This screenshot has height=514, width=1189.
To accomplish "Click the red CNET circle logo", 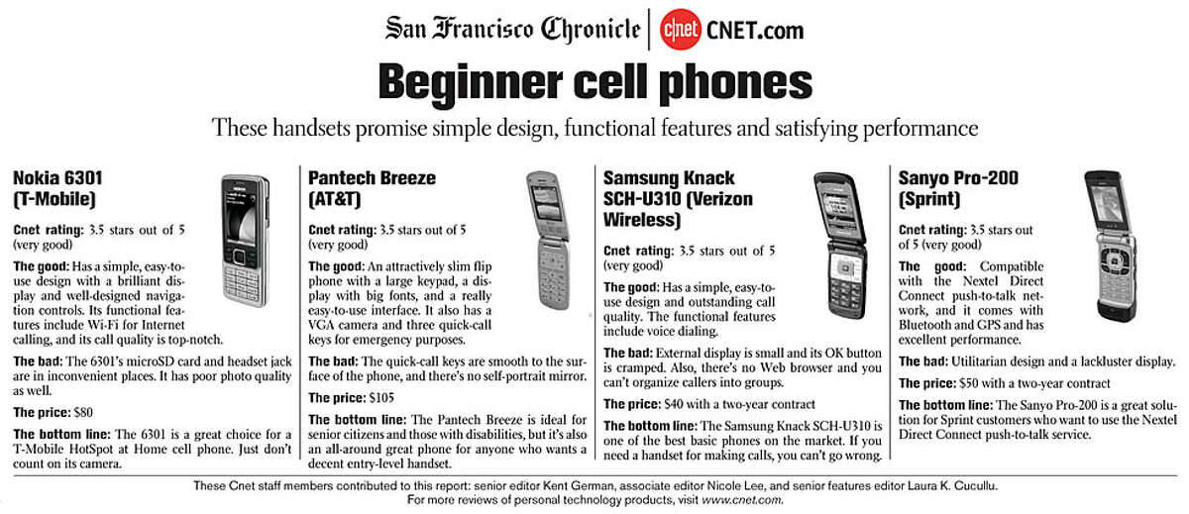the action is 680,29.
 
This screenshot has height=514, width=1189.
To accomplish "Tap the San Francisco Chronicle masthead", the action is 513,29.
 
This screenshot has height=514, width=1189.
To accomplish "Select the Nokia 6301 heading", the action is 57,188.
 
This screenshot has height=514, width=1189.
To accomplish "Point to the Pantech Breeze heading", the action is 372,188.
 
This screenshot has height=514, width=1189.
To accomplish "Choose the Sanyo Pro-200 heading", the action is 958,188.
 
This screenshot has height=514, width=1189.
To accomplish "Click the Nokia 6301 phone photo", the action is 246,241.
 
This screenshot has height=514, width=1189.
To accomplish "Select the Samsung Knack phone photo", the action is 841,245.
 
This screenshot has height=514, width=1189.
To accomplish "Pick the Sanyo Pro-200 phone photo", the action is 1111,247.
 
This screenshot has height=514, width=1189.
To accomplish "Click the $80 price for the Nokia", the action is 83,413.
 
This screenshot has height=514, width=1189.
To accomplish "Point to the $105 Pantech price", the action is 381,398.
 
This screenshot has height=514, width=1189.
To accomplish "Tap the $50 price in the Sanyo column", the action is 969,383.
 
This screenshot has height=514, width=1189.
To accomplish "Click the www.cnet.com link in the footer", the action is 741,500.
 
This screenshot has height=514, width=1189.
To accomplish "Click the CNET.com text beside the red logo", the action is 755,31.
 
